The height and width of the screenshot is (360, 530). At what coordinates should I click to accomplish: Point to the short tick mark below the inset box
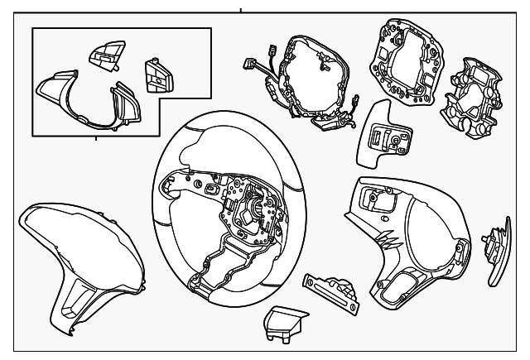pos(95,138)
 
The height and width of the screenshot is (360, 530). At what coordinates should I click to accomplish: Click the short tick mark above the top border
pos(241,11)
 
